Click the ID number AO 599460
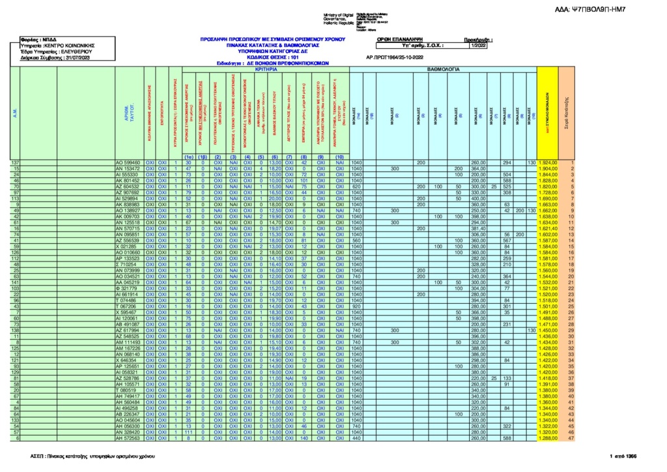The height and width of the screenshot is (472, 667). coord(127,162)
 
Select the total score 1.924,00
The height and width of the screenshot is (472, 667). coord(546,162)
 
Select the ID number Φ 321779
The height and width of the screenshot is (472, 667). coord(127,288)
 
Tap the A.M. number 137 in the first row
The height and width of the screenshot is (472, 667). coord(15,162)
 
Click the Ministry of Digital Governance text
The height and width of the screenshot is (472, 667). coord(338,18)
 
